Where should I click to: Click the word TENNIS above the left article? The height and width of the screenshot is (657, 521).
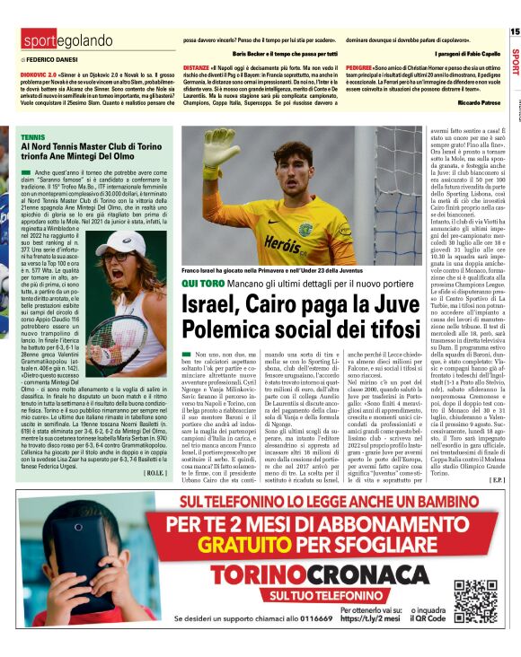click(x=32, y=137)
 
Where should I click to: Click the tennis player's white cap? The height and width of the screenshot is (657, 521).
click(x=120, y=241)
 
